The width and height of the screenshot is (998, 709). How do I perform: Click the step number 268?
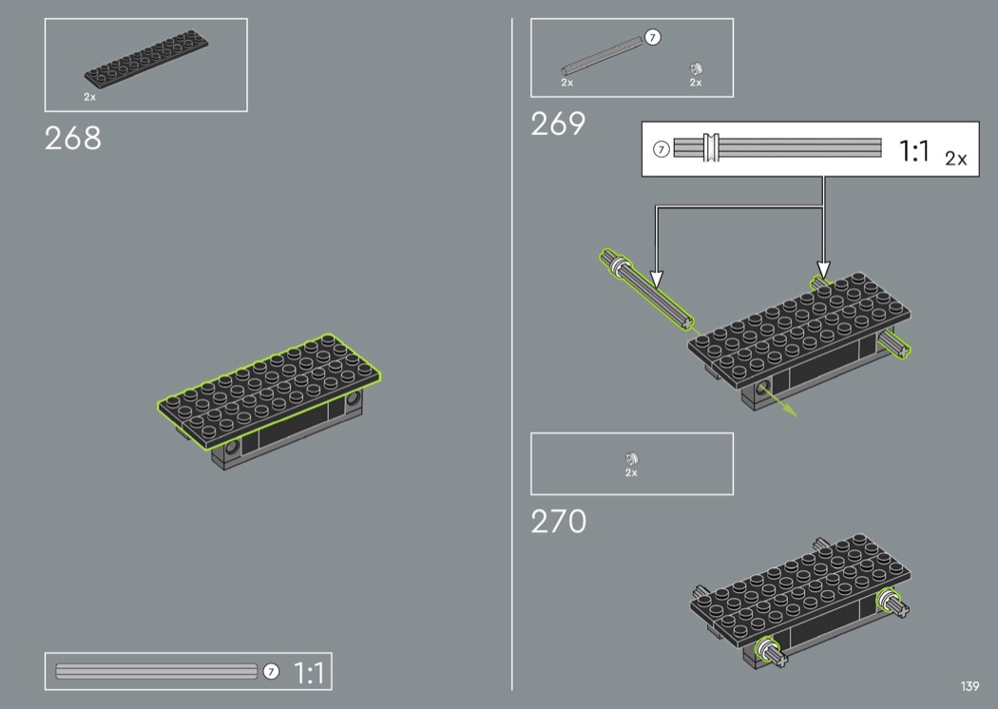[x=72, y=138]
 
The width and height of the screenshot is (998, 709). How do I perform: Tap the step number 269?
[x=558, y=124]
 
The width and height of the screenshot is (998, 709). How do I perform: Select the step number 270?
[x=558, y=521]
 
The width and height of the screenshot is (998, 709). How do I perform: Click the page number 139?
[x=970, y=686]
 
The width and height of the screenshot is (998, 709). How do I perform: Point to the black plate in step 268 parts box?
[x=146, y=59]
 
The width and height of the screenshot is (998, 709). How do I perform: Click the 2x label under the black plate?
[x=89, y=97]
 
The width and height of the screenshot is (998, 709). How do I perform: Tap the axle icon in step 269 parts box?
[x=602, y=56]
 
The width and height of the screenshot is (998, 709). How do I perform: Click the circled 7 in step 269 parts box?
[x=652, y=38]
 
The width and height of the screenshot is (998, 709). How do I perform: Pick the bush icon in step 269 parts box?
[x=697, y=68]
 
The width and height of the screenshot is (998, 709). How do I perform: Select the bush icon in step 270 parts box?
[x=631, y=458]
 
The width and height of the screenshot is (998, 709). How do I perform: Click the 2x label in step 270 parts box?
[x=631, y=473]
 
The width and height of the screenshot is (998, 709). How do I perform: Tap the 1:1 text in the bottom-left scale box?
[x=309, y=673]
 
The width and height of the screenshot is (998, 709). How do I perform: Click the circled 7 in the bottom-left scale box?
[x=271, y=671]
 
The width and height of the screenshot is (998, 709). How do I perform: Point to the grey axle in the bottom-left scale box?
[x=157, y=671]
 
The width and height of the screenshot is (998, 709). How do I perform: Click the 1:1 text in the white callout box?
[x=914, y=151]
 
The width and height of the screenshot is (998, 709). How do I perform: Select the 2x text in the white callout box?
[x=956, y=159]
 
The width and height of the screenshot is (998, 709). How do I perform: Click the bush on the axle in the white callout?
[x=711, y=147]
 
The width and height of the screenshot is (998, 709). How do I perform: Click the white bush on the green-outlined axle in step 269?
[x=618, y=264]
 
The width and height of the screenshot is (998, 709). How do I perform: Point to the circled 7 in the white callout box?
[x=662, y=149]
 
